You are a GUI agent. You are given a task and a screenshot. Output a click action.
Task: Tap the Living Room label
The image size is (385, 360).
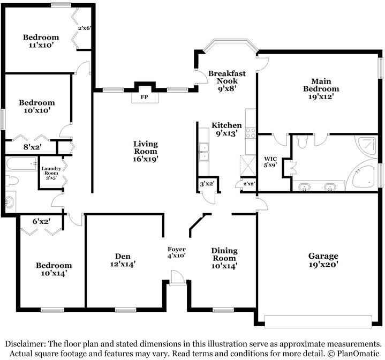[x=146, y=151]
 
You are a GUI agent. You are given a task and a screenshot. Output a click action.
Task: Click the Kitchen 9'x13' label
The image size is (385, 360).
[x=226, y=129]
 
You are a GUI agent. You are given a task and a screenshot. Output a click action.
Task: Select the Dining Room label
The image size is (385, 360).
[x=224, y=258]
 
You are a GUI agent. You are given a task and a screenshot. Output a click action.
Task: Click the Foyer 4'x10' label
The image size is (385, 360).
[x=177, y=252]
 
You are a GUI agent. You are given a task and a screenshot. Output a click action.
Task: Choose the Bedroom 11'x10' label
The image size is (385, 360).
[x=41, y=41]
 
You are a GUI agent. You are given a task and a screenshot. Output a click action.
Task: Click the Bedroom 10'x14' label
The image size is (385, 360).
[x=54, y=269]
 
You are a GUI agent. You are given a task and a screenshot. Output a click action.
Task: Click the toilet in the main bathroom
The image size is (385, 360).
[x=301, y=141]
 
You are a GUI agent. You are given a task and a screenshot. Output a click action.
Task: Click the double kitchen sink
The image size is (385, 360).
[x=203, y=152]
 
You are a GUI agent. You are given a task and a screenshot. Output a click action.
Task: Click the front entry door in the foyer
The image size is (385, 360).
[x=176, y=277]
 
